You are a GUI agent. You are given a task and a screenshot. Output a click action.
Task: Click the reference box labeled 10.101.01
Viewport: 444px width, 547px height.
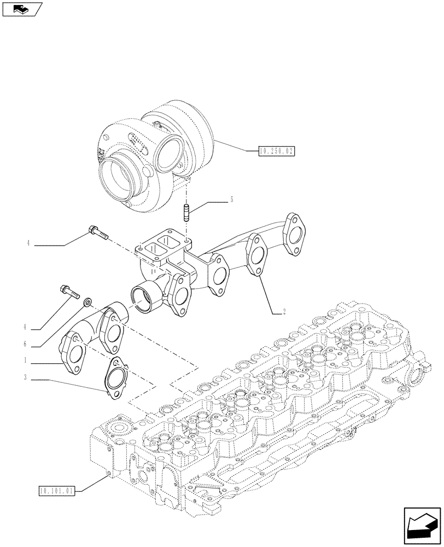(57, 490)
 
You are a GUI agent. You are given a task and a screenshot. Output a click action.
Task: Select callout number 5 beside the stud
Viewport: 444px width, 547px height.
(231, 200)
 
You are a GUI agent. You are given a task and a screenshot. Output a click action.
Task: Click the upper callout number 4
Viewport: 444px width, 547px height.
(27, 244)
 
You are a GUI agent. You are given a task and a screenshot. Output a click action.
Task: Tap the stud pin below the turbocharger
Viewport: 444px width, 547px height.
(186, 211)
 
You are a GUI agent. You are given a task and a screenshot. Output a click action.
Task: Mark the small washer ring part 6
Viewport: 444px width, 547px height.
(86, 302)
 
